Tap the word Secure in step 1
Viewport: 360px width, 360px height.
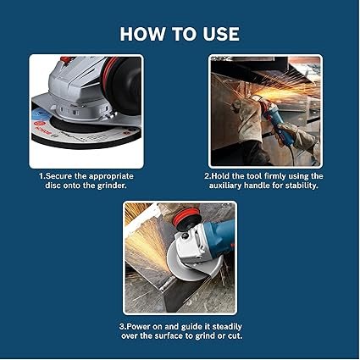click(58, 176)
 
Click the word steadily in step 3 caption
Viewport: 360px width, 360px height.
click(227, 327)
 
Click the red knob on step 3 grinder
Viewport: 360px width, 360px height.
click(186, 216)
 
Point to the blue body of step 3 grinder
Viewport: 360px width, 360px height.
click(219, 236)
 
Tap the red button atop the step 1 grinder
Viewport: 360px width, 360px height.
click(66, 59)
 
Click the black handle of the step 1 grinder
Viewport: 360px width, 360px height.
click(124, 85)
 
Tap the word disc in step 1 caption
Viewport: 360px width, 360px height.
click(53, 186)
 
